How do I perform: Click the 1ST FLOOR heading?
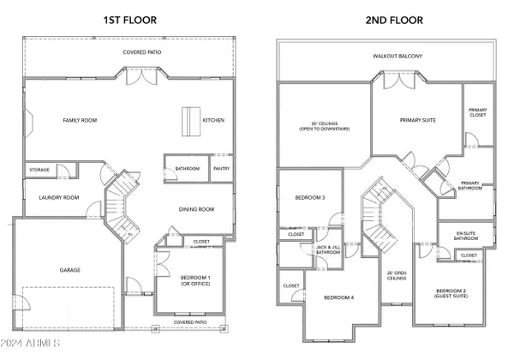point(130,20)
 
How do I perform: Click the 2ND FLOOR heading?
point(394,20)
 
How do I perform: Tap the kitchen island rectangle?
point(191,122)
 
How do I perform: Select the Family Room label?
point(80,120)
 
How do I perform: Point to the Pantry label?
point(222,169)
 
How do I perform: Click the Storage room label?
point(39,170)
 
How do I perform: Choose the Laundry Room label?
point(59,197)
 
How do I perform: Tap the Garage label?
point(70,270)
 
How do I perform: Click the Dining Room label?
point(197,209)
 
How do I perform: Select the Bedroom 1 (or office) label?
point(195,280)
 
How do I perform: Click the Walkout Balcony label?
point(397,56)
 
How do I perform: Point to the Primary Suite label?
point(418,120)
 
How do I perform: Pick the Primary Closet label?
point(478,112)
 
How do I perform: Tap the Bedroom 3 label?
point(310,197)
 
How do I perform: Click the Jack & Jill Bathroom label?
point(328,249)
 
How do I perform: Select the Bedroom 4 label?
point(339,297)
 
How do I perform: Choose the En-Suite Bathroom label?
point(466,236)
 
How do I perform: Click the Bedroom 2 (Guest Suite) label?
point(451,293)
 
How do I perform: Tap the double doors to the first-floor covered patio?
point(142,77)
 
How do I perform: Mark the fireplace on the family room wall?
point(28,123)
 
